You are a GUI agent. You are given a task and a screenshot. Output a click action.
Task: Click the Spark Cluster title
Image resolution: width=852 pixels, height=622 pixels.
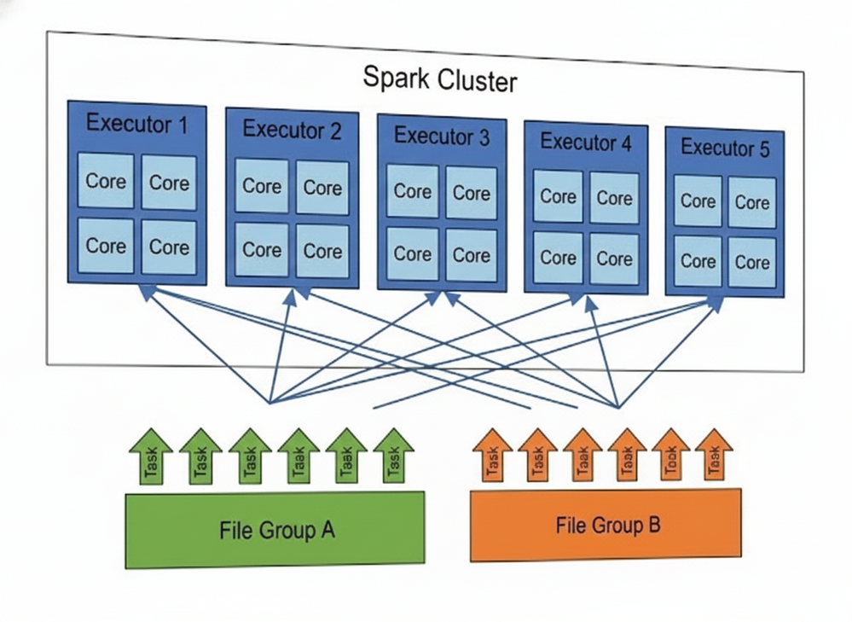click(x=439, y=80)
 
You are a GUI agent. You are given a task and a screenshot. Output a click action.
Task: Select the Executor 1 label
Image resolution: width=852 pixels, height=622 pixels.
click(x=136, y=125)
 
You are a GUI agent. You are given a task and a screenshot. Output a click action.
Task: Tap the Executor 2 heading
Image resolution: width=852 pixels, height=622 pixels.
click(x=292, y=131)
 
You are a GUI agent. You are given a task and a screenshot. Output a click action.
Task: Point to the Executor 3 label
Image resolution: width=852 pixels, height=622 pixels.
click(x=441, y=137)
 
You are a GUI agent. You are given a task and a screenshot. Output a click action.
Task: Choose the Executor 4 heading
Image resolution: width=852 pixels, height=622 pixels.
click(x=586, y=142)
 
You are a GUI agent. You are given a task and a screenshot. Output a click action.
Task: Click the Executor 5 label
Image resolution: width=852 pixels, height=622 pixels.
click(x=724, y=148)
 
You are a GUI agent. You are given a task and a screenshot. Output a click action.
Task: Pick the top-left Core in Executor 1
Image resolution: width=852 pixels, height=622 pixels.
click(x=106, y=181)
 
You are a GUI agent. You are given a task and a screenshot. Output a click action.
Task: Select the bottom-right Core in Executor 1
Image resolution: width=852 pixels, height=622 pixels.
click(x=169, y=247)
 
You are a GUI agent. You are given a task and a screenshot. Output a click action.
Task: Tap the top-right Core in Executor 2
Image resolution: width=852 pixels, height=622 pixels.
click(x=322, y=187)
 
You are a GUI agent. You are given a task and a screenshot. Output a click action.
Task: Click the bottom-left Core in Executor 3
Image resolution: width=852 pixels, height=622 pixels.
click(x=412, y=253)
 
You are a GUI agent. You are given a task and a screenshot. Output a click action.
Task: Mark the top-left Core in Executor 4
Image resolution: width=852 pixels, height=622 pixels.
click(x=558, y=196)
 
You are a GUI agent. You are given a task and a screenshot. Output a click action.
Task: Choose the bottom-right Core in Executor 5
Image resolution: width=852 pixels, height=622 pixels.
click(x=751, y=262)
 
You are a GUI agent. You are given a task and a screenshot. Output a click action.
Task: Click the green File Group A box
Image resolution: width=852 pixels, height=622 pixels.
click(x=275, y=530)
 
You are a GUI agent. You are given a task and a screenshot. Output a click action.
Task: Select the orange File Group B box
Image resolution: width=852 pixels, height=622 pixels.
click(x=606, y=525)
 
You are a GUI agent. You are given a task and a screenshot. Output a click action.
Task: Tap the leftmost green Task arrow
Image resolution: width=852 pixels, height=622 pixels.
click(x=151, y=457)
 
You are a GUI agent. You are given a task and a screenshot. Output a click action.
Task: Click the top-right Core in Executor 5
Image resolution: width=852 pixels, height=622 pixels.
click(x=751, y=202)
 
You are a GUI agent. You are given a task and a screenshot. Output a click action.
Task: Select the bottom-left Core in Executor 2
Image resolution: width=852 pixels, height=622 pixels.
click(x=261, y=250)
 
